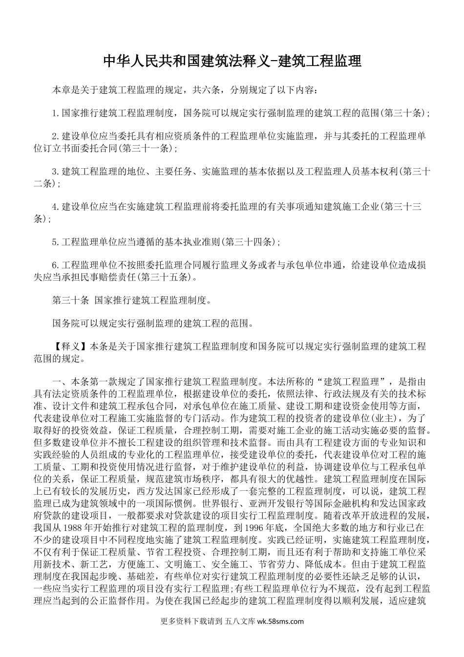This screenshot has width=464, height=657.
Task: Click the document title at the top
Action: [232, 61]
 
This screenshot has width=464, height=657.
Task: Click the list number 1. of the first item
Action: [55, 113]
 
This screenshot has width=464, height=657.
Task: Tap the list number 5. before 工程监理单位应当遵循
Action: [55, 241]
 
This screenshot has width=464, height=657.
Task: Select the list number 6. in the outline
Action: [55, 265]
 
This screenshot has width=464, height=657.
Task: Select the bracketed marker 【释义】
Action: [71, 347]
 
